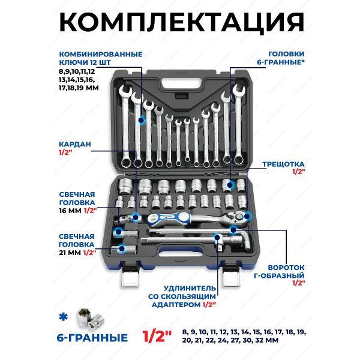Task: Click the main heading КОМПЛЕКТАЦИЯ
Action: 182,22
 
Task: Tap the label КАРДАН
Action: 75,145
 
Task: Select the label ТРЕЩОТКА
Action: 283,164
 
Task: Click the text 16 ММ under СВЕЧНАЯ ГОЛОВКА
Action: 70,211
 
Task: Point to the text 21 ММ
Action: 70,253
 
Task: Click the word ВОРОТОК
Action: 286,268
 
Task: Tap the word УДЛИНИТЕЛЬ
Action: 190,288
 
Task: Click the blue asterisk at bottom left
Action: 64,318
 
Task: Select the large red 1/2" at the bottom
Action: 157,337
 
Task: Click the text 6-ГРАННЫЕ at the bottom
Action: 92,338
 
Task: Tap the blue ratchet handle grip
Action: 169,218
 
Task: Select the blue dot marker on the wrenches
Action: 142,120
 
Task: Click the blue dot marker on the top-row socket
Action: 230,184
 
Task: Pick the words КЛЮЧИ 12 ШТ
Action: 85,62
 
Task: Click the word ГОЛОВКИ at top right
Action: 287,54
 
